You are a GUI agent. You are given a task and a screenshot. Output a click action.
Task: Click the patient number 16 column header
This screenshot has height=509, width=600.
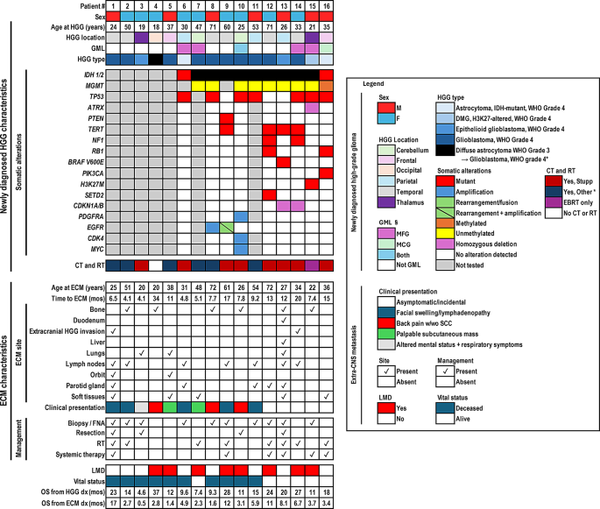[x=325, y=5]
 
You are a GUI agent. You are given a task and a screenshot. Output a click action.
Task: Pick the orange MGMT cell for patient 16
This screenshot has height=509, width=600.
[x=325, y=86]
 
